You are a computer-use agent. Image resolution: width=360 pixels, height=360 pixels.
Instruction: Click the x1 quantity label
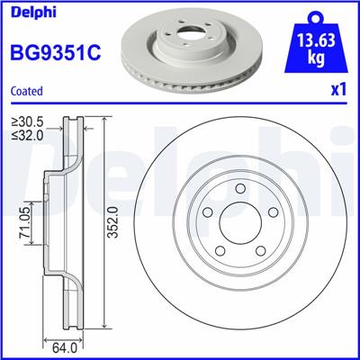(x=337, y=91)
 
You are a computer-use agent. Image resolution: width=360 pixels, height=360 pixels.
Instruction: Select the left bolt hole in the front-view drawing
(x=207, y=215)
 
